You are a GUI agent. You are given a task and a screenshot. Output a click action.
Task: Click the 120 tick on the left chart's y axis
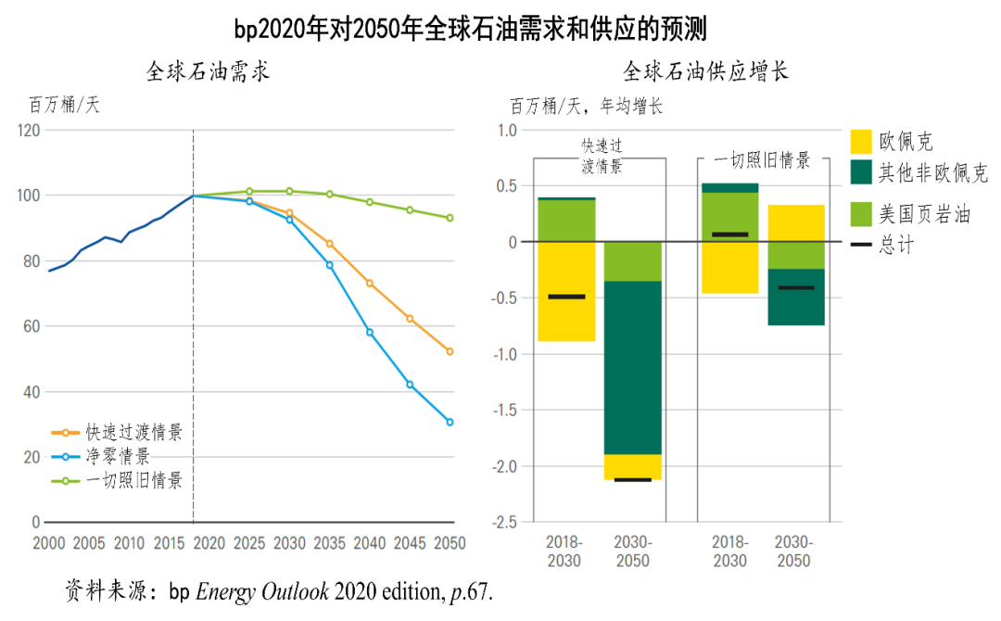pos(29,130)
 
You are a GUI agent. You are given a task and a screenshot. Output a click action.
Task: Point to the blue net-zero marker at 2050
pos(450,422)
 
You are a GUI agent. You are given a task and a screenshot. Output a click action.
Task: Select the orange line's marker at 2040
pos(370,283)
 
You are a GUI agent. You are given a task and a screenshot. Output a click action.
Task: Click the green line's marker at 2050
pos(450,218)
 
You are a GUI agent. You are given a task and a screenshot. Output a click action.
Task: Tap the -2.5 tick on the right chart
pos(506,523)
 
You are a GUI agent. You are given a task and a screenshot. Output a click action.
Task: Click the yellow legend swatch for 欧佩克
pos(861,142)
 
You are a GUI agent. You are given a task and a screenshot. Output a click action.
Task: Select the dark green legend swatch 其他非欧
pos(861,172)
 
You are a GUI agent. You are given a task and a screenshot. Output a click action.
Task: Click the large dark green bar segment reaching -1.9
pos(633,367)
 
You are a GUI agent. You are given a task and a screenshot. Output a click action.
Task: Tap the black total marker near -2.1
pos(633,479)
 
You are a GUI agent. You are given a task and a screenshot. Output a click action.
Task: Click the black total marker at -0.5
pos(566,297)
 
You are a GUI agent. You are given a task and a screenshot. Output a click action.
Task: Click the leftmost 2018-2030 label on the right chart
pos(564,551)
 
